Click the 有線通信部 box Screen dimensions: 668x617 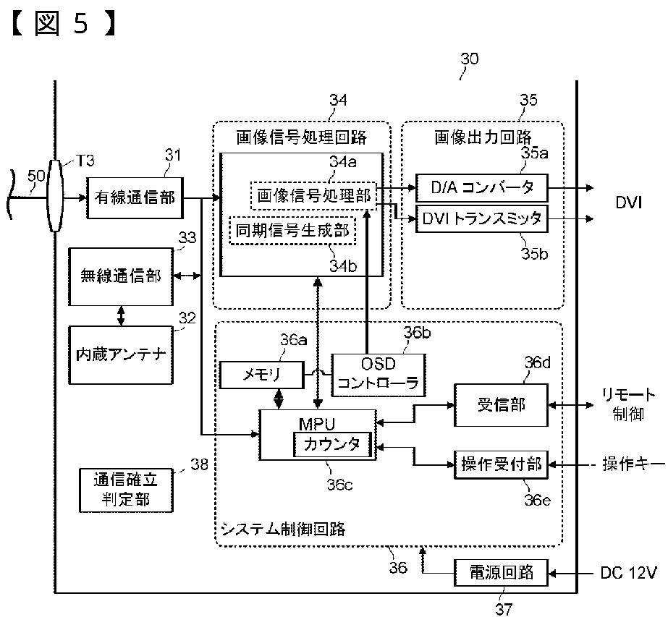[x=135, y=198]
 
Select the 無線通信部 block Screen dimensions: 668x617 [x=121, y=276]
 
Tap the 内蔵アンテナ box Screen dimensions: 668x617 [x=121, y=354]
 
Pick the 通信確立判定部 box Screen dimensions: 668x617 [x=126, y=490]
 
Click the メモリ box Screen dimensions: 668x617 [x=261, y=375]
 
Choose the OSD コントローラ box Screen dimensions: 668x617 [x=379, y=375]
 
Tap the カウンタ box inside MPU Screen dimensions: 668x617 [x=332, y=445]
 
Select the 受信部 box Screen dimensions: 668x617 [x=501, y=405]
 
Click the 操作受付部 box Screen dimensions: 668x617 [x=501, y=464]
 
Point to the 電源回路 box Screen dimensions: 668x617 [x=501, y=573]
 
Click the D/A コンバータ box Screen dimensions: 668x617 [x=482, y=187]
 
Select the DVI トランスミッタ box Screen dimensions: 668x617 [x=482, y=219]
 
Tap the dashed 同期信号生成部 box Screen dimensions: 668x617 [x=292, y=230]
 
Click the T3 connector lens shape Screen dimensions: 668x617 [x=55, y=196]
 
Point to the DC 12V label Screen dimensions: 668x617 [x=628, y=573]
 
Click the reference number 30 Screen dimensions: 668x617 [x=470, y=59]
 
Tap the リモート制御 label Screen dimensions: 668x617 [x=628, y=404]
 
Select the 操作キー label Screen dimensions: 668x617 [x=633, y=464]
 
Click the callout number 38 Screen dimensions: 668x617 [x=199, y=464]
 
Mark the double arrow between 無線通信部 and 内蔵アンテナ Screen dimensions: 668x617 [x=122, y=316]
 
